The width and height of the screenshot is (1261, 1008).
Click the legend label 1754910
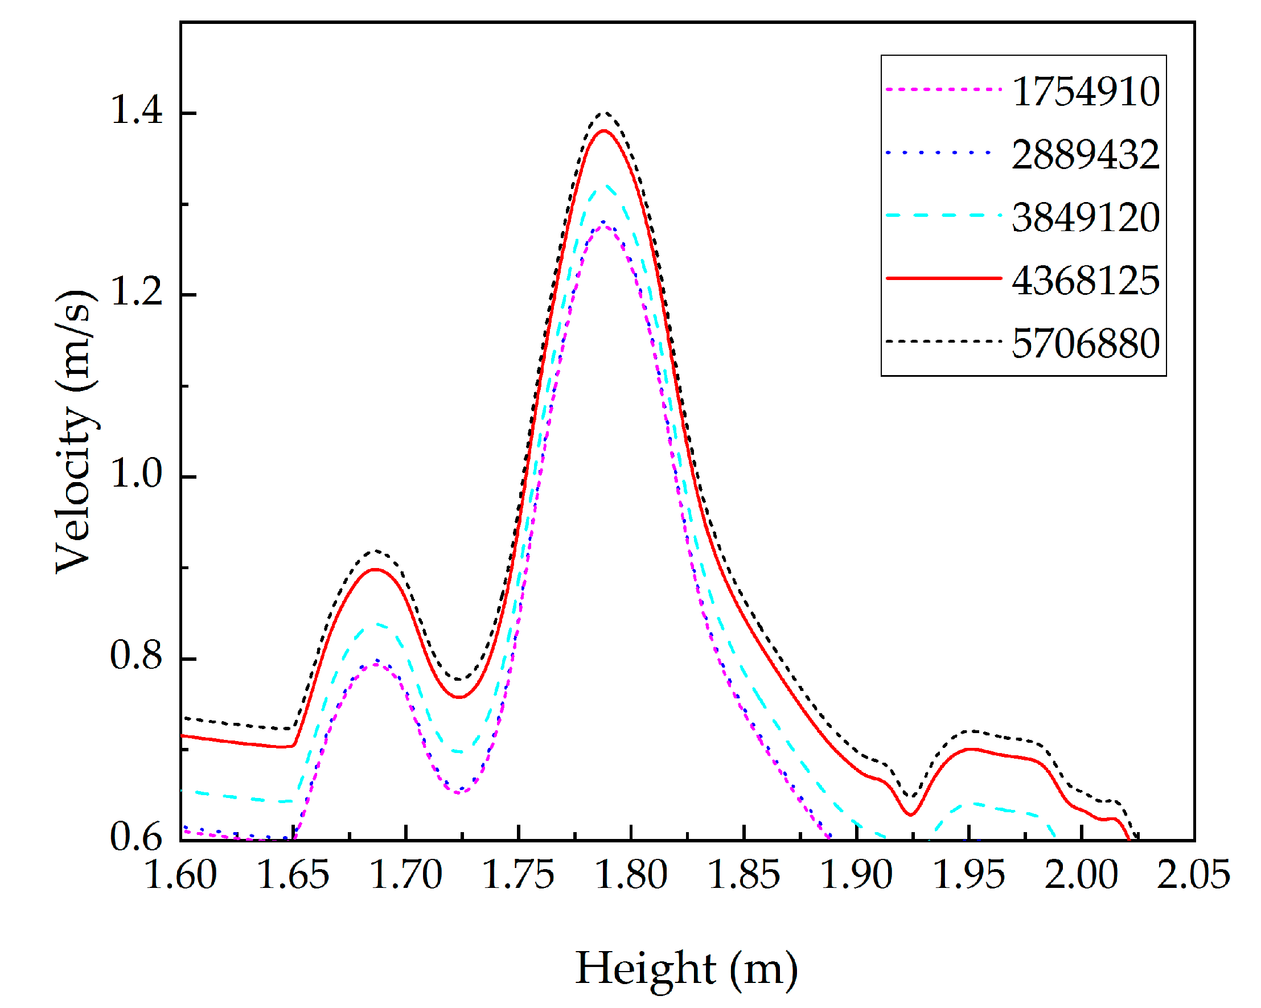click(1086, 92)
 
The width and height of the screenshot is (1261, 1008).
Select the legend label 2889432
click(1086, 155)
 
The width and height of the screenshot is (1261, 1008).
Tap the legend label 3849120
click(1086, 217)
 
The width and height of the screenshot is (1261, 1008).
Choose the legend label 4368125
click(1086, 281)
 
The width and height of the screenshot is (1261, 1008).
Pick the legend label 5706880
click(1086, 343)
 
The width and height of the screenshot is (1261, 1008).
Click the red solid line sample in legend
click(943, 278)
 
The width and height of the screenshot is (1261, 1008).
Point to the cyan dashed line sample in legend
click(943, 215)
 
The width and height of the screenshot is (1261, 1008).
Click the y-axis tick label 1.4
click(136, 109)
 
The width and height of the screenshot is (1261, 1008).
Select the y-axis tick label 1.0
click(136, 473)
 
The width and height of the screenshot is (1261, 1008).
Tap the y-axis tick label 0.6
click(136, 837)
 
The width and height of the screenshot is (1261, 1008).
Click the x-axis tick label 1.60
click(180, 875)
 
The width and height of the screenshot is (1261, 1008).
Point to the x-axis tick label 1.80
click(631, 875)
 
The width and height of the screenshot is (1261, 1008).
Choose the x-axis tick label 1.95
click(969, 875)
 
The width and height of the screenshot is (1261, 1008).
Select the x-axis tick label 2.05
click(1194, 875)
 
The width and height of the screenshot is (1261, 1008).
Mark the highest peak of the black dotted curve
click(605, 112)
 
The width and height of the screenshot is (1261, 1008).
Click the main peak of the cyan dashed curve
click(606, 186)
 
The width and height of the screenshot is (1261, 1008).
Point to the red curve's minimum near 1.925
click(911, 815)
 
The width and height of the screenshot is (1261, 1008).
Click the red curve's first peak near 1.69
click(376, 570)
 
